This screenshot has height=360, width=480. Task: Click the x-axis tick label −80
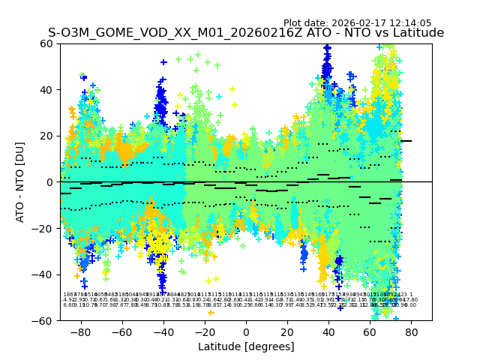coord(79,331)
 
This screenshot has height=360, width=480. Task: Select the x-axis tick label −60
coord(121,331)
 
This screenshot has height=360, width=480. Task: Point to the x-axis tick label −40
coord(163,331)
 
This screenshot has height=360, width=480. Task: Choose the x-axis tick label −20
coord(204,331)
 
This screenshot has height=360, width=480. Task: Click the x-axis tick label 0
coord(246,331)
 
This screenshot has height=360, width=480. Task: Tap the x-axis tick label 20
coord(287,331)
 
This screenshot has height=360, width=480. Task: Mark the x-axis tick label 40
coord(328,331)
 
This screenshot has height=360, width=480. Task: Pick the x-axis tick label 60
coord(370,331)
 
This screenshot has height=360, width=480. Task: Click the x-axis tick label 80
coord(412,331)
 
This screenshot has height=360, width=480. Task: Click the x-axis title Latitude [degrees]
coord(246,346)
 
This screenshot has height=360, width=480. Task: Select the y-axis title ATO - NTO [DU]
coord(21,182)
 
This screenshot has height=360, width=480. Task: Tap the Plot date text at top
coord(357,23)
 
